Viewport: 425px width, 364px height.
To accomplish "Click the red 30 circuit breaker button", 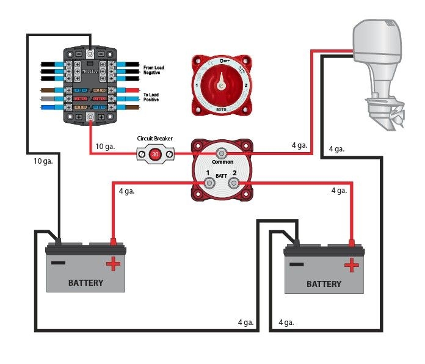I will click(x=155, y=154).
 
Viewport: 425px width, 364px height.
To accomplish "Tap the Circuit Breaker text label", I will click(x=155, y=139).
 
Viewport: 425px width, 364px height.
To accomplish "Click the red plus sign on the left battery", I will click(x=113, y=263).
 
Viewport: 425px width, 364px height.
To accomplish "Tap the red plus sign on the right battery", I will click(x=351, y=264).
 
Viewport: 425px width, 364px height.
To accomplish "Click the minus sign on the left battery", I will click(x=59, y=263).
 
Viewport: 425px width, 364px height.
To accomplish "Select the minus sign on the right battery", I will click(x=297, y=264).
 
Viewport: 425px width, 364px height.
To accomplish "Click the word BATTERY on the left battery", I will click(x=85, y=283).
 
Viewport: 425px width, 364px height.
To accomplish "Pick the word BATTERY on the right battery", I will click(x=324, y=284).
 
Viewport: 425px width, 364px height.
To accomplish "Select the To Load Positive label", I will click(x=151, y=97).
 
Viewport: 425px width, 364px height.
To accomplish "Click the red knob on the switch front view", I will click(x=220, y=84).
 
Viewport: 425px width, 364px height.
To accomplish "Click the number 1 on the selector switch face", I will click(x=197, y=86).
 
